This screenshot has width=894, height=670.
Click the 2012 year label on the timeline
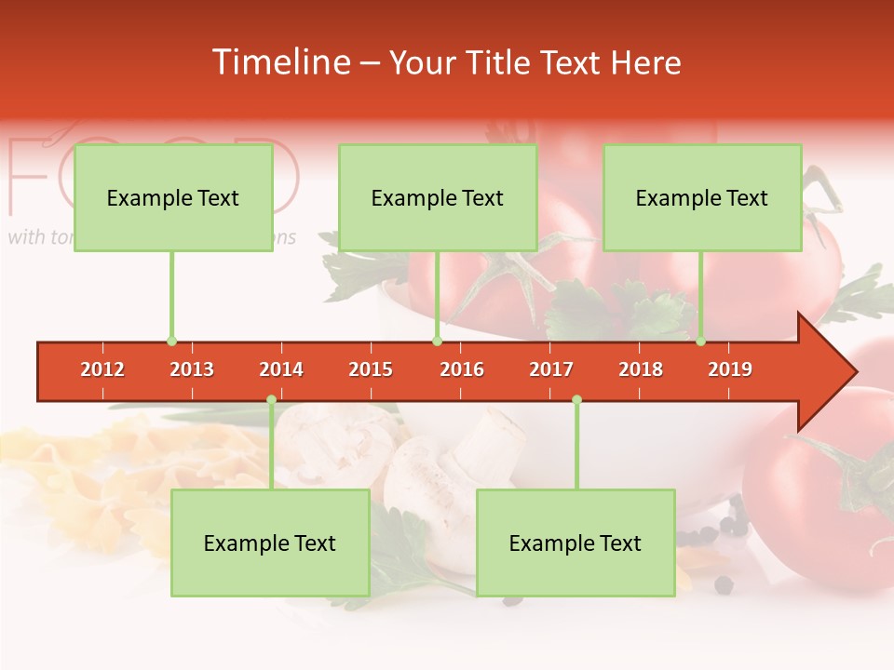point(102,369)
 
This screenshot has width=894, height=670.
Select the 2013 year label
point(192,369)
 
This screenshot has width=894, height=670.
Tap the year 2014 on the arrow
point(281,369)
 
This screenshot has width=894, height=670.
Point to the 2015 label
point(371,369)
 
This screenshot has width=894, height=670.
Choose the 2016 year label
point(462,369)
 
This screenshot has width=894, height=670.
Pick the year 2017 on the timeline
point(551,369)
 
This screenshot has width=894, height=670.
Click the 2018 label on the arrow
point(641,369)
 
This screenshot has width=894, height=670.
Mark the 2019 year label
point(730,369)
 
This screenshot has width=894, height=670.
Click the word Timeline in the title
point(281,62)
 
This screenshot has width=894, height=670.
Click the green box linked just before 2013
point(173,197)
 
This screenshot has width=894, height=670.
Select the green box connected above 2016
point(438,197)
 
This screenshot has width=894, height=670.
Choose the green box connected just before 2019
point(702,197)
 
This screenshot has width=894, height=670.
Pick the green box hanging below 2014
point(270,543)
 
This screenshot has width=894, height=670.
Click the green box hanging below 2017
point(576,543)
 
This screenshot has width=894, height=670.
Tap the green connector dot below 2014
point(271,400)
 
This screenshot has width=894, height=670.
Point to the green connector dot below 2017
point(576,400)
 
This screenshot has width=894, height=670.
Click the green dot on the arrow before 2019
point(700,342)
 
